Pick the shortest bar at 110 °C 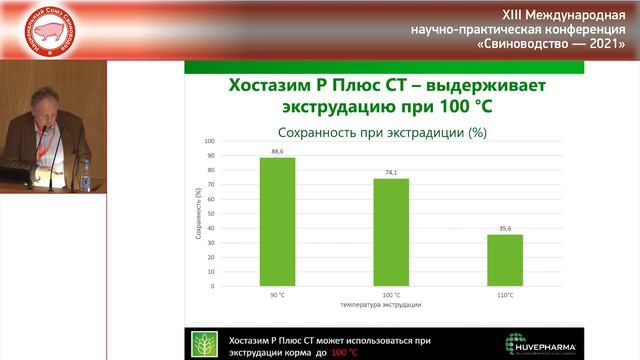tap(505, 260)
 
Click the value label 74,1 tap(391, 172)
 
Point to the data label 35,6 tap(505, 228)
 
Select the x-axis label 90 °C tap(278, 295)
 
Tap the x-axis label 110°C tap(505, 295)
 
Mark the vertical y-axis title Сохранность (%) tap(198, 214)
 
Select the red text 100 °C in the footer tap(346, 353)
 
